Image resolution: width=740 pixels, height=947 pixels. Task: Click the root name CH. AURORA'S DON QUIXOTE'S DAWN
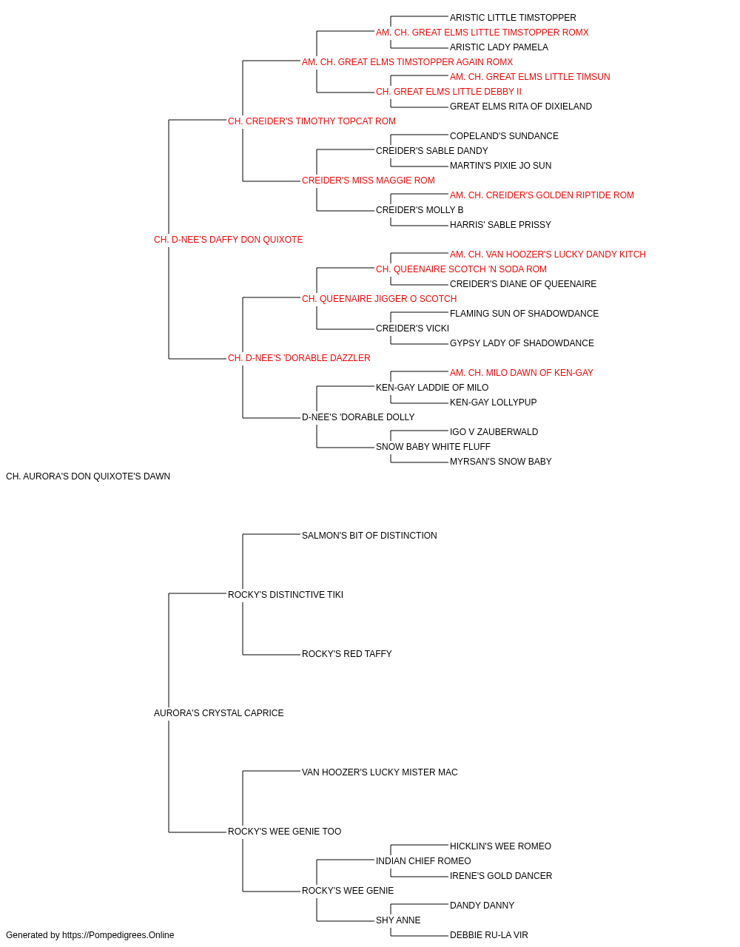88,476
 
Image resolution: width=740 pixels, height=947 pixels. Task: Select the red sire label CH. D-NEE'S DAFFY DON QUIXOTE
229,240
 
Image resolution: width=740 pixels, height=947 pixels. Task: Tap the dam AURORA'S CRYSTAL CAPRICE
219,713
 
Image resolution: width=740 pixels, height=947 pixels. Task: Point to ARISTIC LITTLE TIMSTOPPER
513,18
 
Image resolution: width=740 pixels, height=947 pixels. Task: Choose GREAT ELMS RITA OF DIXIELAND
521,107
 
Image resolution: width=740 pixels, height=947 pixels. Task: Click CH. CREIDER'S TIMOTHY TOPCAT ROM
312,121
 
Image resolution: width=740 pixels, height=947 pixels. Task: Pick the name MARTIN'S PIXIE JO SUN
501,166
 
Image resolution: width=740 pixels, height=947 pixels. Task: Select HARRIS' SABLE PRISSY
500,225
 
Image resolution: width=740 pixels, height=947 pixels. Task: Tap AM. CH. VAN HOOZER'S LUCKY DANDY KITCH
548,255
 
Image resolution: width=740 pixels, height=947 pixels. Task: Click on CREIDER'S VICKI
412,328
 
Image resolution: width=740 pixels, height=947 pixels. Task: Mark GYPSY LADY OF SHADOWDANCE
522,343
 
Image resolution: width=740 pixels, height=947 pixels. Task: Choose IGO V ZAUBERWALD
494,432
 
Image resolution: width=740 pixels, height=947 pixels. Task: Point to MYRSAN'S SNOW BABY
501,462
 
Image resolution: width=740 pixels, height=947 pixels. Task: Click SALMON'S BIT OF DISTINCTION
369,536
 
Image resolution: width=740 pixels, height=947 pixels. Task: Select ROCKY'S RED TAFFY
346,654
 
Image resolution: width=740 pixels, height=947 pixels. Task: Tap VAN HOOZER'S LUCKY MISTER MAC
380,772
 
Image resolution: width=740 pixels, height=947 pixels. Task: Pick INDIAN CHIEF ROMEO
423,860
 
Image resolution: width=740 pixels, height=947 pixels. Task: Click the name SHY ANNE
398,920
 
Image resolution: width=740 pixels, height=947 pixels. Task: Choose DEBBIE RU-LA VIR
488,935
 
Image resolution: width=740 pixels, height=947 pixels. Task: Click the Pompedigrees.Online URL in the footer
118,935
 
